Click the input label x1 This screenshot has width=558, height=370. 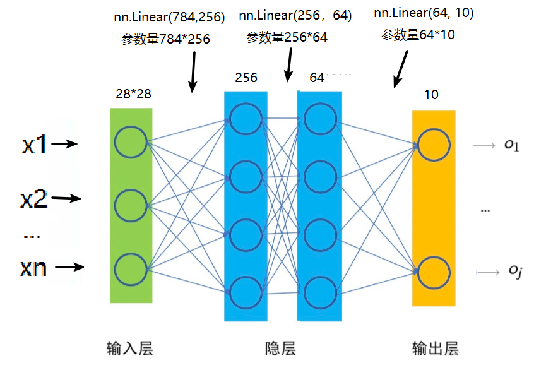click(34, 145)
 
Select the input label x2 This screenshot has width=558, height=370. click(34, 200)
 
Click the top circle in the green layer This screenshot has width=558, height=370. click(131, 142)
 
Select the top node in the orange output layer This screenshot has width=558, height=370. click(434, 145)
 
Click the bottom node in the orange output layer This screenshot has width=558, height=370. click(434, 272)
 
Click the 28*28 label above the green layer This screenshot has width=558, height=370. click(133, 94)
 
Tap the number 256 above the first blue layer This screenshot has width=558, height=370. click(246, 78)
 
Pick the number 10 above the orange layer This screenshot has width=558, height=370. click(431, 95)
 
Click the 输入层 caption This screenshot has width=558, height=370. click(130, 349)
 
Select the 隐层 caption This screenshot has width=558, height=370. click(280, 349)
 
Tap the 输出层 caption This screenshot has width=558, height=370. click(435, 349)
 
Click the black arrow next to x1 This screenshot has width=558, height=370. click(64, 144)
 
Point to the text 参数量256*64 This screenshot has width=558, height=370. click(287, 38)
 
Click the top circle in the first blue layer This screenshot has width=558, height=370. click(246, 118)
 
